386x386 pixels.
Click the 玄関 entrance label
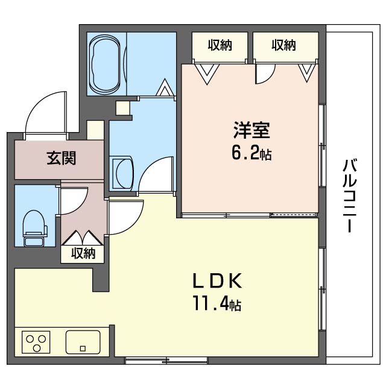tap(61, 159)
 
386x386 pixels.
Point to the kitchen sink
tap(83, 342)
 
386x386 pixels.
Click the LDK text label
tap(217, 281)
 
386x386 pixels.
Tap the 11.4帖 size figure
tap(218, 305)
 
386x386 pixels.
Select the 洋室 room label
tap(252, 130)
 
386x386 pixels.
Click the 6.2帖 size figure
tap(252, 154)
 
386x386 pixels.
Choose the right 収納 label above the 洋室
tap(283, 45)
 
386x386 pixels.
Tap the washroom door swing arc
tap(155, 175)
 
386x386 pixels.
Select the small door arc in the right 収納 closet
tap(265, 72)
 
